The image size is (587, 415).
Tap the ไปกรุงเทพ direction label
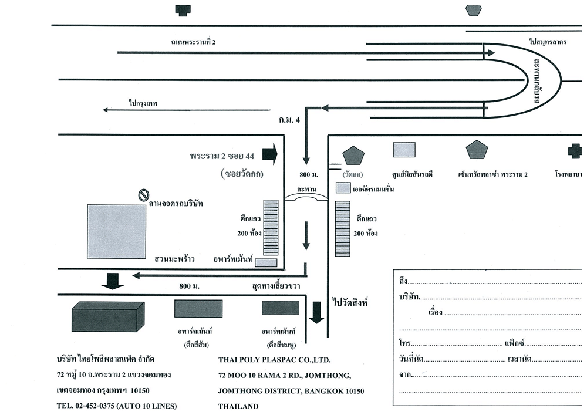click(143, 103)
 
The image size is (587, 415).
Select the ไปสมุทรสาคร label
click(547, 42)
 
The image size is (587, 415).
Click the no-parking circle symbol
click(143, 194)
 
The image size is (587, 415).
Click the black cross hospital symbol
click(575, 151)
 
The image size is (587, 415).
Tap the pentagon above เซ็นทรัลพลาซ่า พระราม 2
click(477, 150)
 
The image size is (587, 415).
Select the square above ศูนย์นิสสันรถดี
click(404, 150)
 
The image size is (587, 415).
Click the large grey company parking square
click(116, 231)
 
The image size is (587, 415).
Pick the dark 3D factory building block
click(107, 317)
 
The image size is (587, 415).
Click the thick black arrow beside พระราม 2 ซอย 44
click(270, 154)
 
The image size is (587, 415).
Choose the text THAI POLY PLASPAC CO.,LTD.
click(275, 360)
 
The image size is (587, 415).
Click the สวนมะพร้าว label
click(174, 258)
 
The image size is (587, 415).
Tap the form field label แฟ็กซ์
click(514, 343)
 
